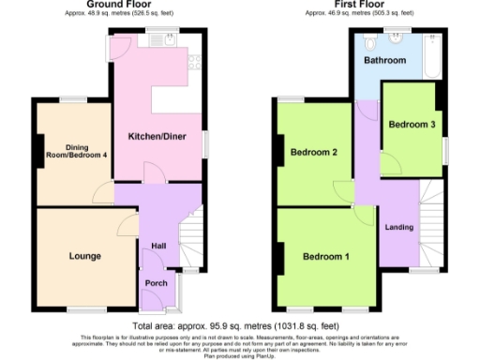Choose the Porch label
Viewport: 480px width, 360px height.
[157, 284]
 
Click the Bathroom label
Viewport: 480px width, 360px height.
[385, 60]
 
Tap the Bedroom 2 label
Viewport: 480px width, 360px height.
[314, 152]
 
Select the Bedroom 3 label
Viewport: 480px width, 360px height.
[411, 125]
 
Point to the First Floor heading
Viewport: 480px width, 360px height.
[359, 5]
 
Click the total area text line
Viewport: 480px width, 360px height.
[238, 322]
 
